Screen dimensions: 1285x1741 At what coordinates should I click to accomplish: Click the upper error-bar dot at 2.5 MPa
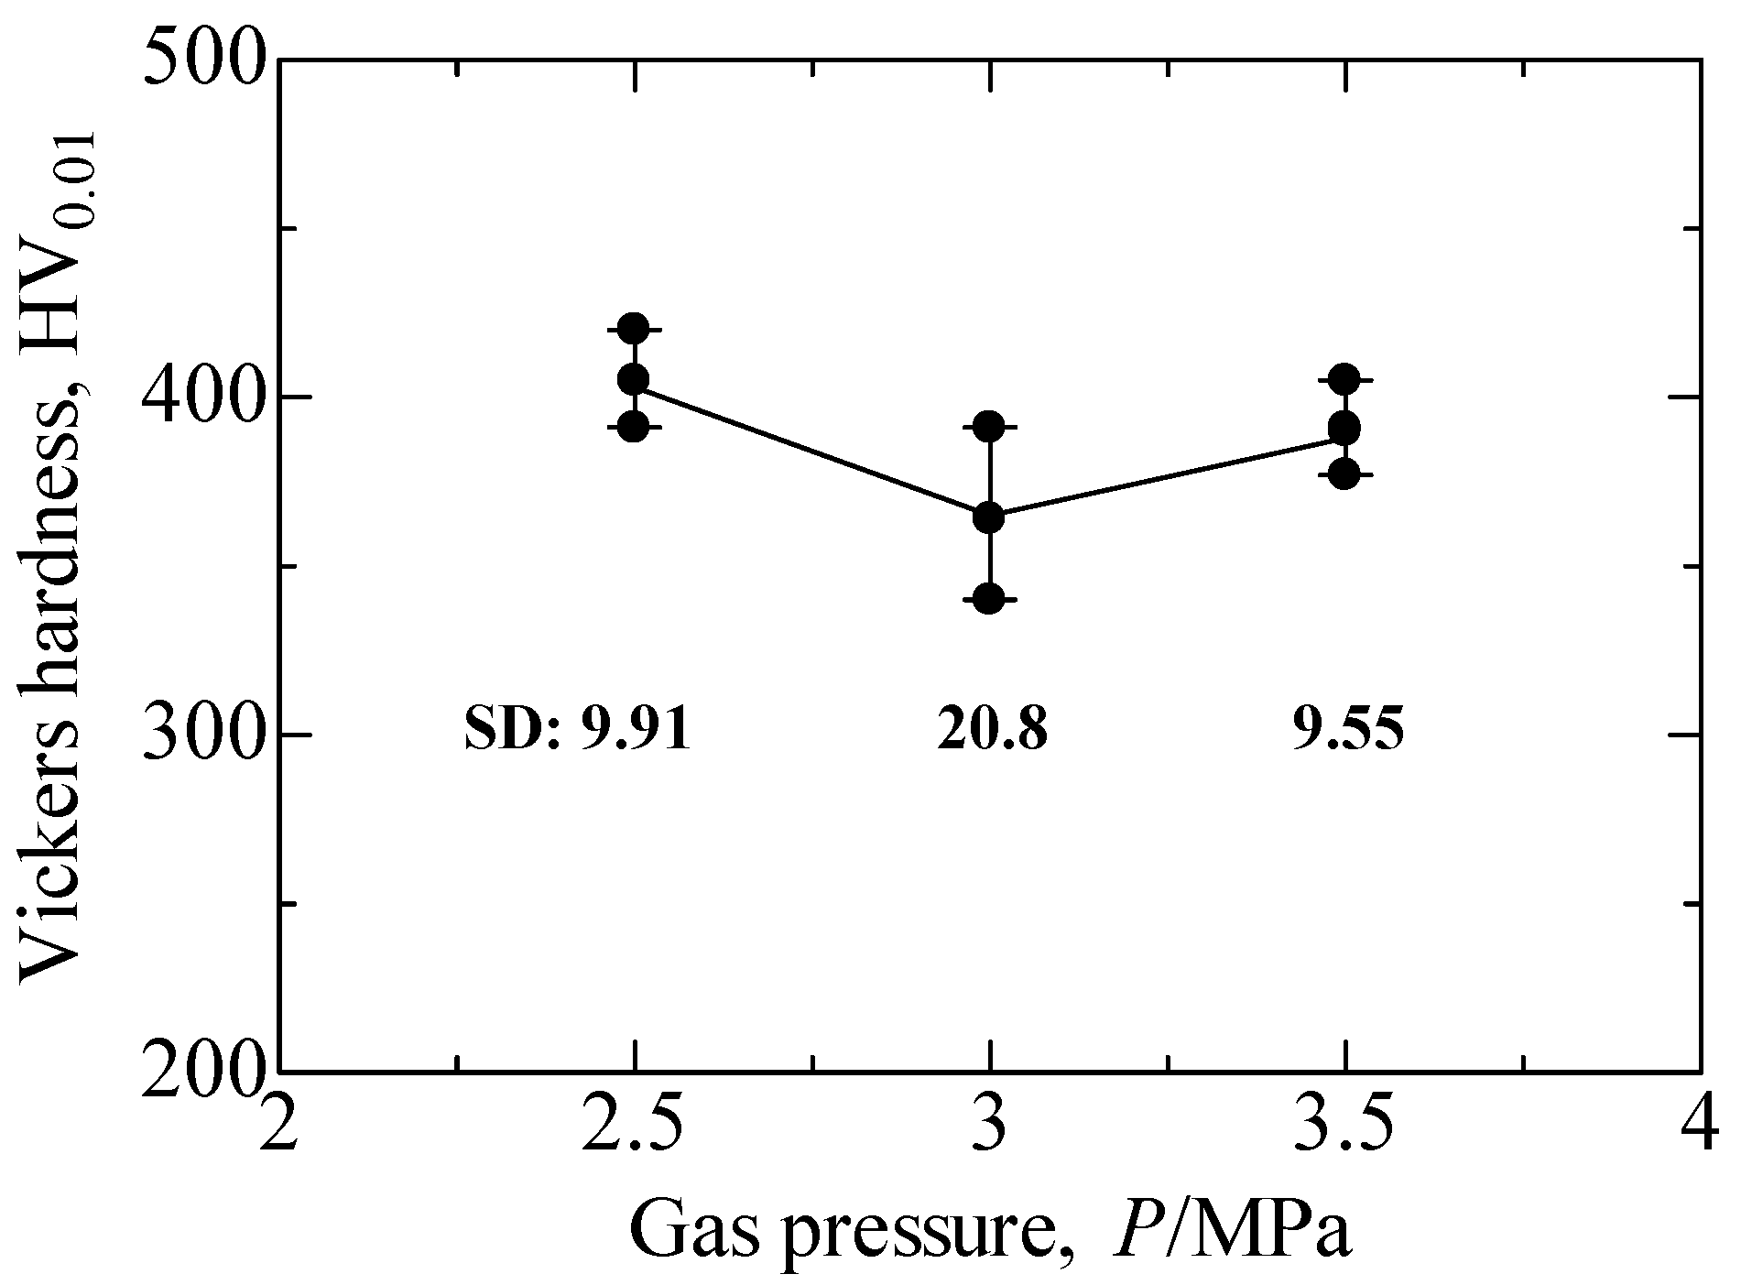634,329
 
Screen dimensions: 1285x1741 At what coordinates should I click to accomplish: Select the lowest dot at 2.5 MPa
634,426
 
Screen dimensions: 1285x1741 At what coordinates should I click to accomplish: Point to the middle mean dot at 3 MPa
989,517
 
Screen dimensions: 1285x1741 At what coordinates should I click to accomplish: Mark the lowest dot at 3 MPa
989,599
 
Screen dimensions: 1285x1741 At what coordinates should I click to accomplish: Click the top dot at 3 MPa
989,426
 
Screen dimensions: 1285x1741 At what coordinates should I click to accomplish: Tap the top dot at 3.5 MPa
1344,378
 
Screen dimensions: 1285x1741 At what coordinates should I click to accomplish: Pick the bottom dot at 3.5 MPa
1344,474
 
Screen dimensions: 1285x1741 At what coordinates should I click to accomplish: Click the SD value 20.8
991,732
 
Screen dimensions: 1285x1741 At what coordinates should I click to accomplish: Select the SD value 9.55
1347,732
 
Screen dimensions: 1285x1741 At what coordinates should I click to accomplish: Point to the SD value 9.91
632,732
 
